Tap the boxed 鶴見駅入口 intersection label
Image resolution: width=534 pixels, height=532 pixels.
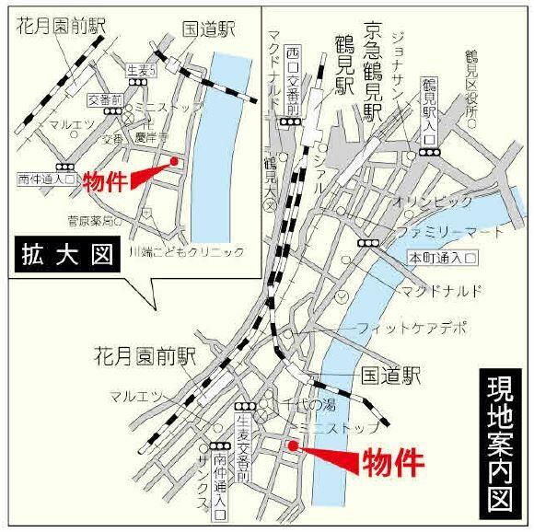point(428,109)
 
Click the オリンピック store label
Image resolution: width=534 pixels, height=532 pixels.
point(433,201)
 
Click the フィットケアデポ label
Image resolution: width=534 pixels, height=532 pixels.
point(412,328)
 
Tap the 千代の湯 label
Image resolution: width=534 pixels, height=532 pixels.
point(309,404)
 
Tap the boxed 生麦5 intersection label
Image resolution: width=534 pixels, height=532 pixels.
point(143,70)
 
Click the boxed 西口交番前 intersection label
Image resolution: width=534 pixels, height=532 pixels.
point(292,83)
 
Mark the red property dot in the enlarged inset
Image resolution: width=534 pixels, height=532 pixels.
point(174,162)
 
